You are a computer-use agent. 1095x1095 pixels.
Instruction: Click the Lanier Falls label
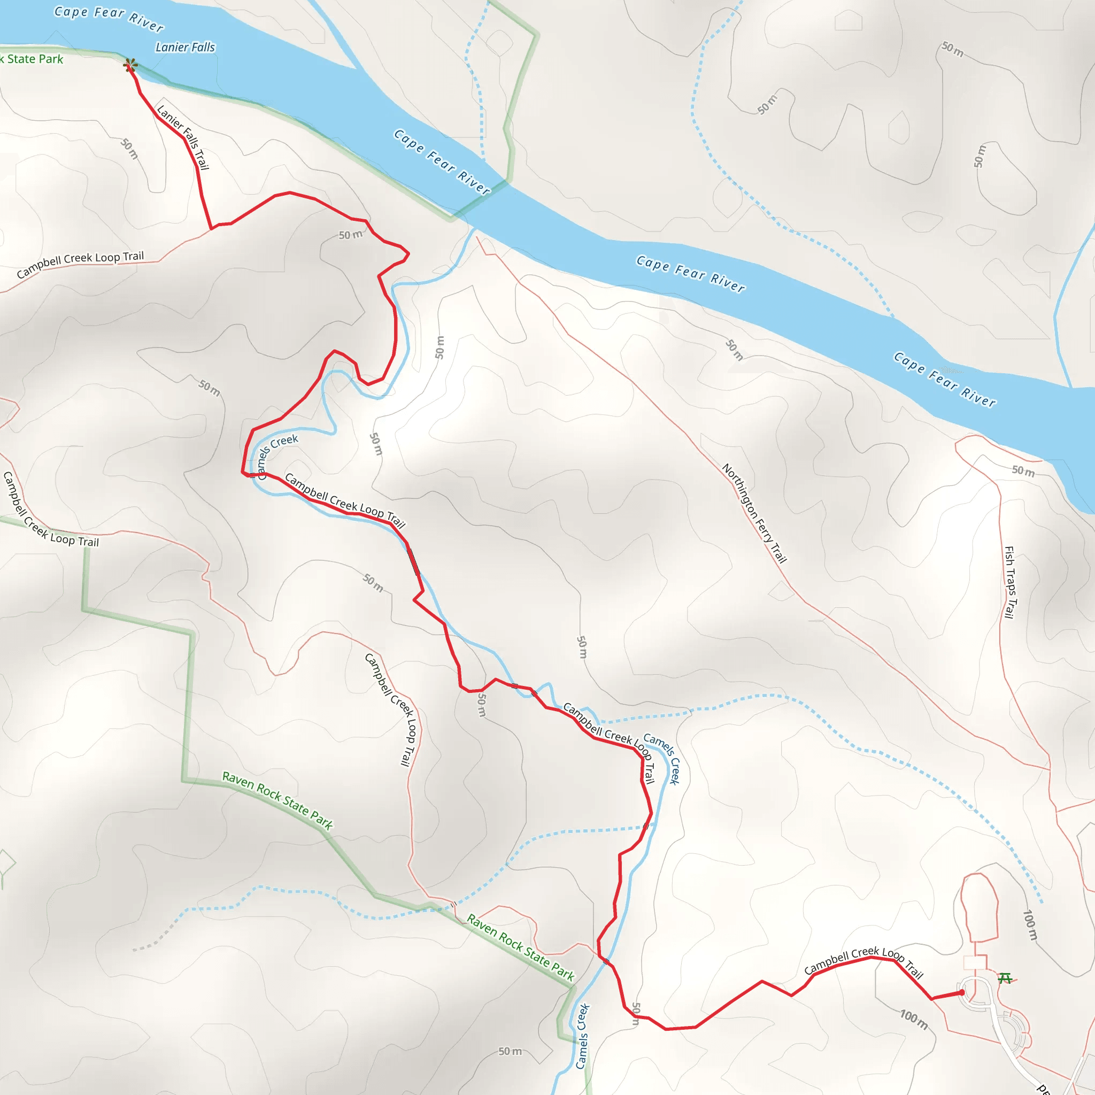click(x=186, y=48)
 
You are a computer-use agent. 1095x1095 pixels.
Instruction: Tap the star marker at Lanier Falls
click(x=130, y=65)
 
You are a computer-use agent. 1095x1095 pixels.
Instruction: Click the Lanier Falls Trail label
click(x=183, y=137)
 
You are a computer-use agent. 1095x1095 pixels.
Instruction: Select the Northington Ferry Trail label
click(x=754, y=513)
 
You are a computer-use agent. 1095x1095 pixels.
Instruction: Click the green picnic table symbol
click(x=1005, y=978)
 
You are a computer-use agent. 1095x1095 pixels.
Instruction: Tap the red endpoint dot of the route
click(x=962, y=992)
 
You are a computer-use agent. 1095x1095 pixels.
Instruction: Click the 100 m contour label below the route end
click(x=914, y=1020)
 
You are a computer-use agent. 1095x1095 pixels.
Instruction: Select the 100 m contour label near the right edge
click(x=1030, y=925)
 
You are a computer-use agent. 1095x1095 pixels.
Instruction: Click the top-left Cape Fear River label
click(x=109, y=19)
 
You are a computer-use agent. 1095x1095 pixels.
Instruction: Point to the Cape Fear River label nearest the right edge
click(x=945, y=379)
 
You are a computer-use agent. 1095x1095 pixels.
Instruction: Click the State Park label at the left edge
click(x=33, y=59)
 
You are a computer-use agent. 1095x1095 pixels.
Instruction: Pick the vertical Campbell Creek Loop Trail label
click(x=391, y=710)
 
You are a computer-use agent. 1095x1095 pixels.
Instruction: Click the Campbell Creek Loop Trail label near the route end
click(x=864, y=962)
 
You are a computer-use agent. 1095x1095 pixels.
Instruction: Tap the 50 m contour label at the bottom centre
click(x=510, y=1051)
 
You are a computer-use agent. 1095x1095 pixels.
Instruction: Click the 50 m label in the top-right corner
click(x=952, y=49)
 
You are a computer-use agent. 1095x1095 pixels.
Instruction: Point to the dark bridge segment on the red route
click(x=414, y=561)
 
